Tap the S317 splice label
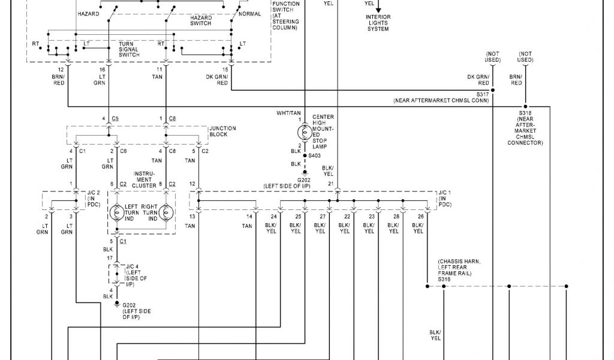tap(483, 94)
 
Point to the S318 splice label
tap(525, 112)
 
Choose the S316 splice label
tap(444, 279)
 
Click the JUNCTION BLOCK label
tap(222, 131)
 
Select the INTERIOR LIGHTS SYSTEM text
tap(378, 23)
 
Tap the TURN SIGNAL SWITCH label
tap(129, 49)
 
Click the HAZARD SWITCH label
tap(201, 20)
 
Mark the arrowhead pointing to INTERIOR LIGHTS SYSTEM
tap(378, 8)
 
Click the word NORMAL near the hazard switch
tap(249, 13)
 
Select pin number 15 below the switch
tap(225, 70)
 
